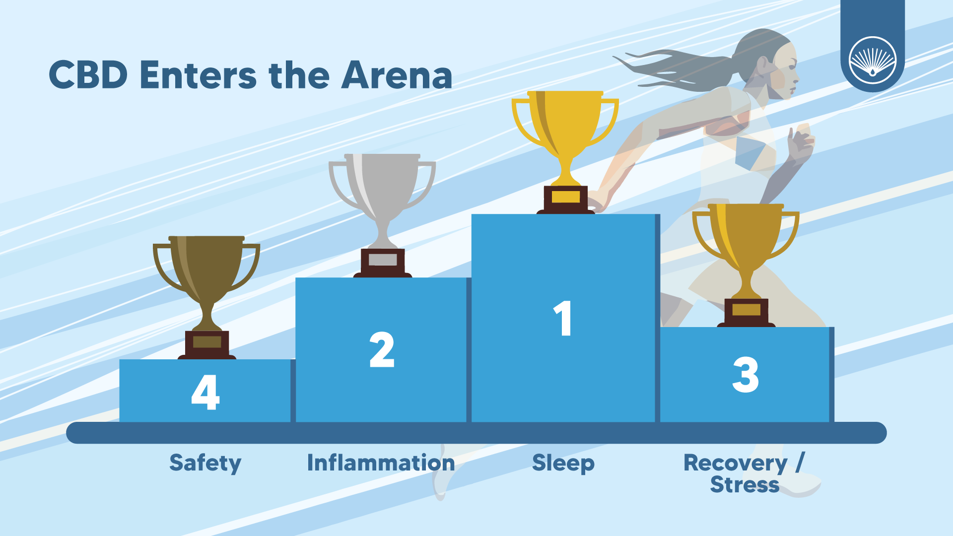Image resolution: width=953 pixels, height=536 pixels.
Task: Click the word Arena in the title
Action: pos(397,75)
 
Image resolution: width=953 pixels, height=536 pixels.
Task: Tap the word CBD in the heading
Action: pos(88,75)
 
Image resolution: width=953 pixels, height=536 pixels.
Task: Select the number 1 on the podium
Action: pos(563,319)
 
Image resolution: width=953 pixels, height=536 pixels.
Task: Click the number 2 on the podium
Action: pos(382,350)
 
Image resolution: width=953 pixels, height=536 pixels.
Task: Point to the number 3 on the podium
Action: pos(746,375)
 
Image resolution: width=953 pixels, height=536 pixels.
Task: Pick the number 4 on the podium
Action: pos(205,392)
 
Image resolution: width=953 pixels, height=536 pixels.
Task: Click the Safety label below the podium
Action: pos(205,464)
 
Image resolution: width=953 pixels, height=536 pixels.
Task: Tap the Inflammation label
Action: pos(381,463)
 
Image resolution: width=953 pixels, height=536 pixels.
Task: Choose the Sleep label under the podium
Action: pos(563,464)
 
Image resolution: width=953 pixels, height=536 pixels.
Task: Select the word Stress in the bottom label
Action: pos(745,485)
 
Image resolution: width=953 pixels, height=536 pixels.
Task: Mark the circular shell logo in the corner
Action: pos(873,60)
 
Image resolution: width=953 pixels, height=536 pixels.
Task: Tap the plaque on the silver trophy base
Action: pos(383,260)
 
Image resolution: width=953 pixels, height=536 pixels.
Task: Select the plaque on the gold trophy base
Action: pos(566,197)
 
